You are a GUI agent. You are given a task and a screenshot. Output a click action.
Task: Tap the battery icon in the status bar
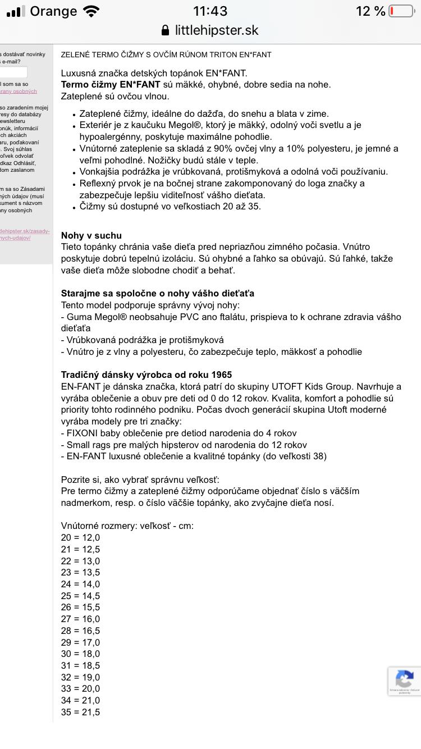click(x=401, y=11)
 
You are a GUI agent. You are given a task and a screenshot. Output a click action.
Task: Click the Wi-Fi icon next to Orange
click(x=90, y=11)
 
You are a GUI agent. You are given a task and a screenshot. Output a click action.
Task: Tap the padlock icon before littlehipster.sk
click(x=165, y=30)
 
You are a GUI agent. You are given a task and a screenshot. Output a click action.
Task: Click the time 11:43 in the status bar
click(x=210, y=11)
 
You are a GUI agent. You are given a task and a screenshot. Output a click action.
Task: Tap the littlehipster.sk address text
click(x=217, y=30)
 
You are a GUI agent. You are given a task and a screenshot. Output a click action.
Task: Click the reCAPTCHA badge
click(x=404, y=681)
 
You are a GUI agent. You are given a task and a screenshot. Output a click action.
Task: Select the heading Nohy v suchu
click(x=91, y=235)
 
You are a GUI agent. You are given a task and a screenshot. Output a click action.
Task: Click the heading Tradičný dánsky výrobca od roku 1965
click(x=146, y=374)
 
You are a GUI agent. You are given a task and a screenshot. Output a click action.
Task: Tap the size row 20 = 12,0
click(x=80, y=537)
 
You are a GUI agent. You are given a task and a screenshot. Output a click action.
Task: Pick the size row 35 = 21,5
click(x=80, y=712)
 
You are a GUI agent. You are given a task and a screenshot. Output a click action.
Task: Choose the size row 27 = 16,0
click(x=80, y=619)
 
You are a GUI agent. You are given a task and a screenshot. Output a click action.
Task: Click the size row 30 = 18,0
click(x=80, y=654)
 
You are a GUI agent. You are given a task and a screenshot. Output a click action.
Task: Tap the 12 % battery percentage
click(x=370, y=11)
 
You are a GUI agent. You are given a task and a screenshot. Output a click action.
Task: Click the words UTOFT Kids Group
click(x=323, y=386)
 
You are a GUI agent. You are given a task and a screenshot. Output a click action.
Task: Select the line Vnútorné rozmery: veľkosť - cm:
click(x=127, y=526)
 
